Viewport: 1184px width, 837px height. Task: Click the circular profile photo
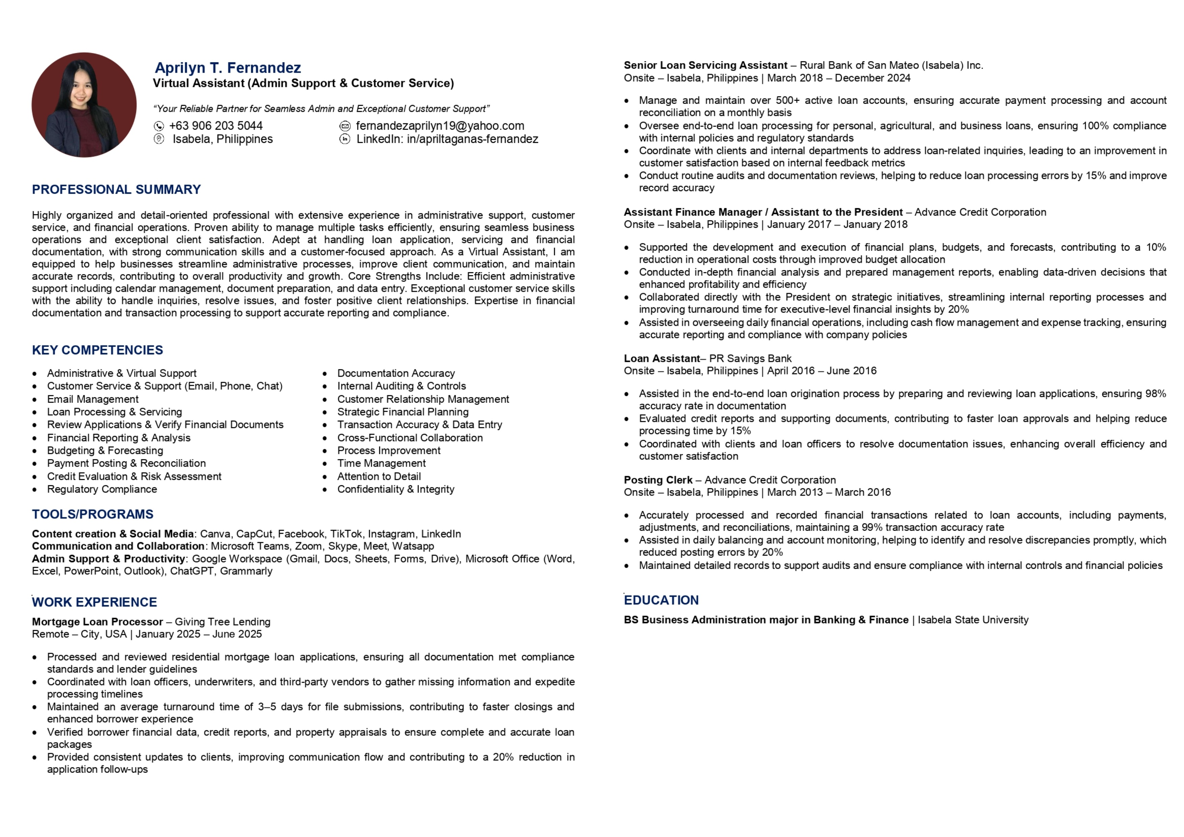point(84,105)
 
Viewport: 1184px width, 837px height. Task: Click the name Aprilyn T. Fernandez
point(227,67)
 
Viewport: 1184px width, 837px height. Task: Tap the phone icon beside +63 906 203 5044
point(159,126)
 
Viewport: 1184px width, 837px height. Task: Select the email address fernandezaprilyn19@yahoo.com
point(440,126)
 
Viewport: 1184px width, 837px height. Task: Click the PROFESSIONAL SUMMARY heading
point(116,189)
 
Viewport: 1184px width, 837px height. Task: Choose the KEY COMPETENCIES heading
point(98,350)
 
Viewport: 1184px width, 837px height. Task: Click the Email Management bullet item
point(93,399)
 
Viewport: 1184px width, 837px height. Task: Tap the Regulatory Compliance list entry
point(102,489)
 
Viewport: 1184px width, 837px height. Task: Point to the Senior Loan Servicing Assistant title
point(705,65)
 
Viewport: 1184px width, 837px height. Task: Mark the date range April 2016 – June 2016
point(822,371)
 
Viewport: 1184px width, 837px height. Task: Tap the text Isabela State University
point(973,620)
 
